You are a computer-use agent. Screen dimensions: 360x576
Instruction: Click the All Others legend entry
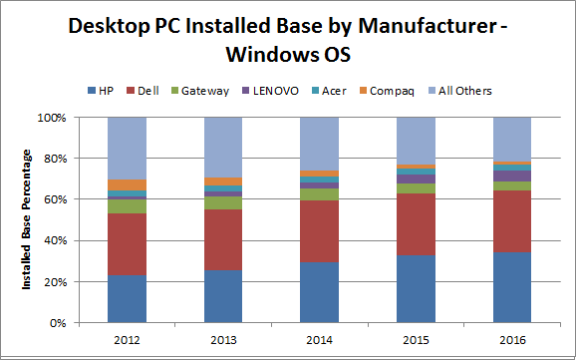[463, 91]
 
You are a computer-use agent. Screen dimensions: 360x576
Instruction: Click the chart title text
[288, 38]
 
